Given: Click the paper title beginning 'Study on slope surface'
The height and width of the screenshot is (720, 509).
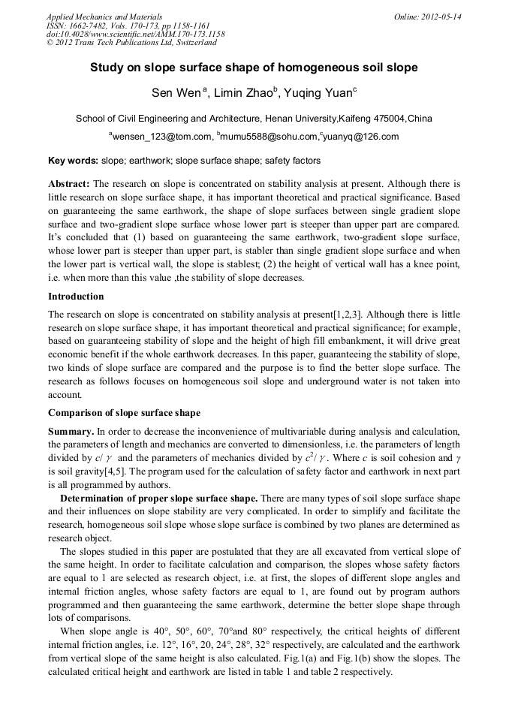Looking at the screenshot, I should [x=254, y=68].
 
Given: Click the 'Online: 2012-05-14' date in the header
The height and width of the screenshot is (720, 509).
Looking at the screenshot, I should [x=427, y=17].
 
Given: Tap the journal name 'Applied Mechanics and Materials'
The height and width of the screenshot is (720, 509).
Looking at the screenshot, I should [x=104, y=17].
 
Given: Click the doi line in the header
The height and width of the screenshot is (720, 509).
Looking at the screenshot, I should [x=135, y=35].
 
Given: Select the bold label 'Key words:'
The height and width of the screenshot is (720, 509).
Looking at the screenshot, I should [x=73, y=161].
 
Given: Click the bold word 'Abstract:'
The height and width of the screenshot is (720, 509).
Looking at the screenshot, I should [x=69, y=183].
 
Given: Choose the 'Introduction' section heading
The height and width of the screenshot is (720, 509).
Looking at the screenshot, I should [x=76, y=297].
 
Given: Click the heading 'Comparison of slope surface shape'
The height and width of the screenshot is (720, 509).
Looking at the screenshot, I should [x=124, y=413].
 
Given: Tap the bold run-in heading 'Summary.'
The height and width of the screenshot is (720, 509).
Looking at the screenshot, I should [x=71, y=432].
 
